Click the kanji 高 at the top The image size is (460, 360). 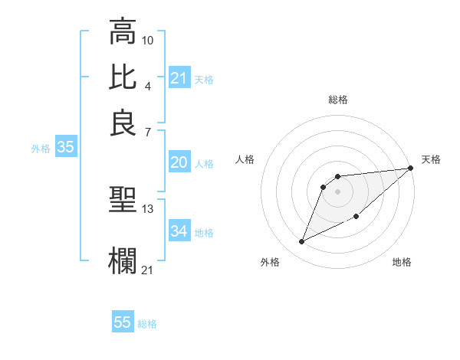123,32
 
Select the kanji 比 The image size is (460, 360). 123,77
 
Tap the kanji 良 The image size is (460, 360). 123,123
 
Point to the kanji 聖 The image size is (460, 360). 123,201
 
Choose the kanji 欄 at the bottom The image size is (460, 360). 123,260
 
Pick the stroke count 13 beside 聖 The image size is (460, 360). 148,208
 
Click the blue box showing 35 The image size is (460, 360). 65,149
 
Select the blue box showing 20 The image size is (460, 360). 179,162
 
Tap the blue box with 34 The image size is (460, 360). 179,231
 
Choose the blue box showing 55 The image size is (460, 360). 123,322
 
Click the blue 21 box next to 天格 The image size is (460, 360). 179,78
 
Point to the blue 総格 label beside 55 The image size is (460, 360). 147,324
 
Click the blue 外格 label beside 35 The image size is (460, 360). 41,149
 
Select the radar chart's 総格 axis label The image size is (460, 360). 338,100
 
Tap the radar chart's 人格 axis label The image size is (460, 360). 245,159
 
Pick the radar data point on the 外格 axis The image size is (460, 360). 302,242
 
